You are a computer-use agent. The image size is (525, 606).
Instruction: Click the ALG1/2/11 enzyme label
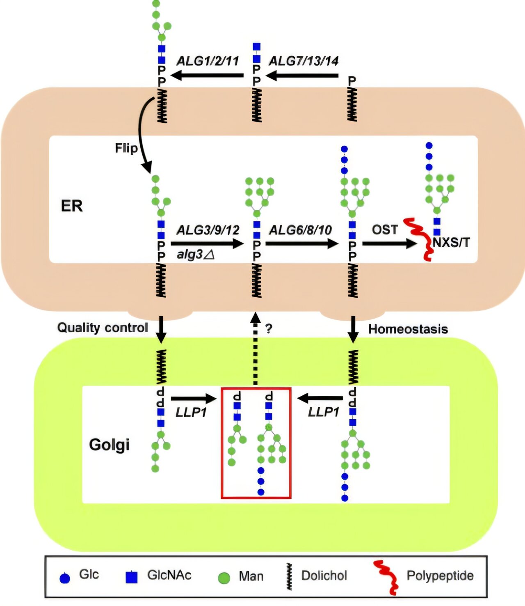pos(208,61)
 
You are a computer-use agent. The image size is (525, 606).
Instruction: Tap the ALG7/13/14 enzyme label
pos(304,61)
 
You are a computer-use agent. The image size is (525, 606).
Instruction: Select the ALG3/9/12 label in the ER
pos(208,230)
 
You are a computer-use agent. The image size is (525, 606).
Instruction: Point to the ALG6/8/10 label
pos(300,230)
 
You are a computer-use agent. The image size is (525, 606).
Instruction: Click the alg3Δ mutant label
pos(196,255)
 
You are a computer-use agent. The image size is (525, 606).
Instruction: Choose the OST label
pos(385,230)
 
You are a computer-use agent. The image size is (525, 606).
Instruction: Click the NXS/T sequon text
pos(451,242)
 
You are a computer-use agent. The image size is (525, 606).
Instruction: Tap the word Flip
pos(126,148)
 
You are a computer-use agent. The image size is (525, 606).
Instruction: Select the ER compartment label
pos(72,206)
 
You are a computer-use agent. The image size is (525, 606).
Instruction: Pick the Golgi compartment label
pos(109,445)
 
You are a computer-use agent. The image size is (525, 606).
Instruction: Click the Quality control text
pos(103,328)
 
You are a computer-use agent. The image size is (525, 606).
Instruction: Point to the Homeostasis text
pos(408,329)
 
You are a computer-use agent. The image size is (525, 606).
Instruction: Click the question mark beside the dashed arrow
pos(269,328)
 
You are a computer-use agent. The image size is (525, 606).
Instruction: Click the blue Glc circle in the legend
pos(65,578)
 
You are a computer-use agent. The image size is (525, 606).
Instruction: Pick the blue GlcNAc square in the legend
pos(131,577)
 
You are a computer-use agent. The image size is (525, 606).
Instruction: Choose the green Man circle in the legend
pos(224,578)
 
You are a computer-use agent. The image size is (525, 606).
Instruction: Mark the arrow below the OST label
pos(390,243)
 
